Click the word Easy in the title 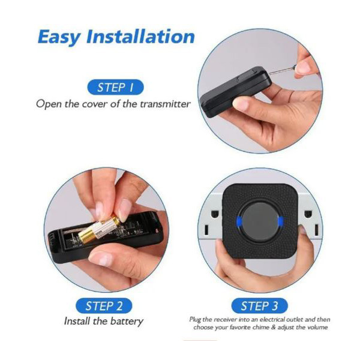coord(59,37)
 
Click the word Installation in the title coord(140,36)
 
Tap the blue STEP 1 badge coord(115,87)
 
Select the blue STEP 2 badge coord(104,306)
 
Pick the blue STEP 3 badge coord(259,306)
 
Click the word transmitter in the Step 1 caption coord(166,104)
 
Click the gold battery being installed coord(99,229)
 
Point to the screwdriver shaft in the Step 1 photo coord(281,71)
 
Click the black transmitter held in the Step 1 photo coord(236,91)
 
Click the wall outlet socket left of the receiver coord(211,222)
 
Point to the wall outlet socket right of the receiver coord(310,222)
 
